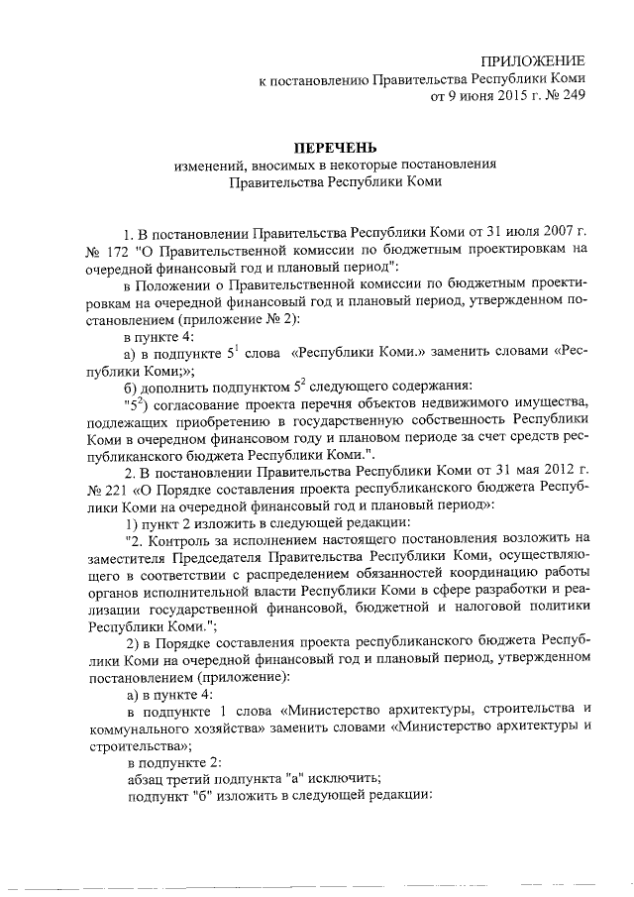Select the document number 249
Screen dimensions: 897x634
(572, 97)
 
